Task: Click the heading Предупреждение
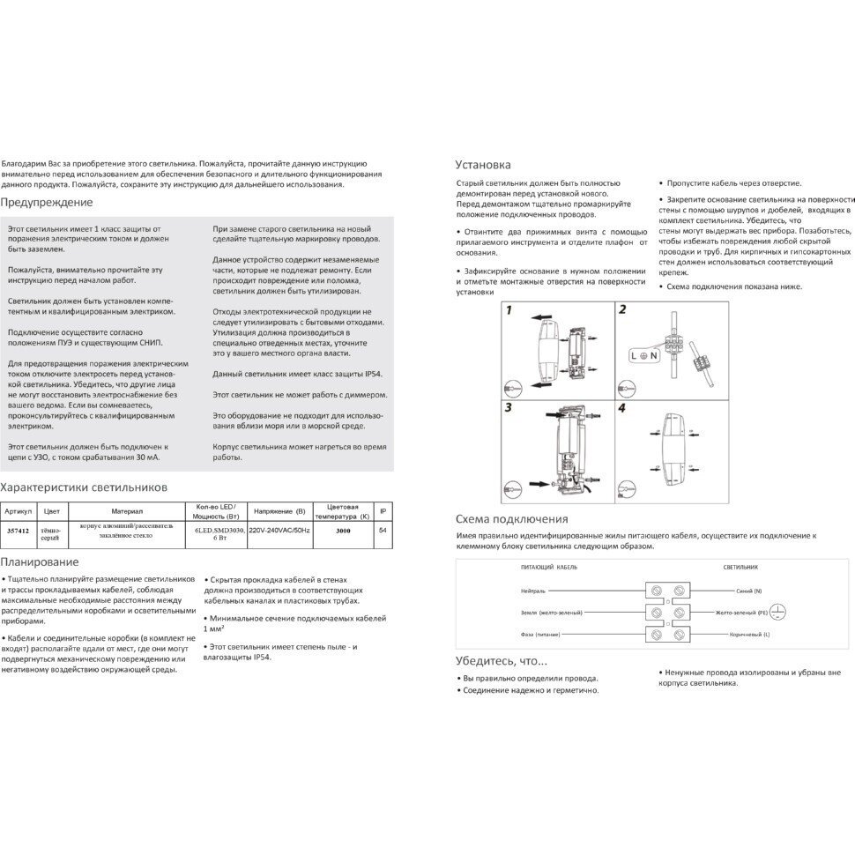[x=47, y=203]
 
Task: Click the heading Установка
[x=482, y=165]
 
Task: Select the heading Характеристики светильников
[x=84, y=487]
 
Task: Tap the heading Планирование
[x=40, y=561]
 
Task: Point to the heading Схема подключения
[x=511, y=519]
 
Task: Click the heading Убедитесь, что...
[x=502, y=660]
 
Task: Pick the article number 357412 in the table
[x=18, y=531]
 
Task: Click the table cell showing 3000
[x=345, y=531]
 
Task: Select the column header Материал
[x=127, y=511]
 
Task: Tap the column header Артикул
[x=19, y=511]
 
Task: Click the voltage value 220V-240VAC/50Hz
[x=279, y=531]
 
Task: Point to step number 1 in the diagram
[x=509, y=310]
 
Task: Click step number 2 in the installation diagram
[x=622, y=310]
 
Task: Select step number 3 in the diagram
[x=509, y=409]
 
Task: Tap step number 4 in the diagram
[x=622, y=409]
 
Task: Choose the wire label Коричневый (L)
[x=742, y=635]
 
